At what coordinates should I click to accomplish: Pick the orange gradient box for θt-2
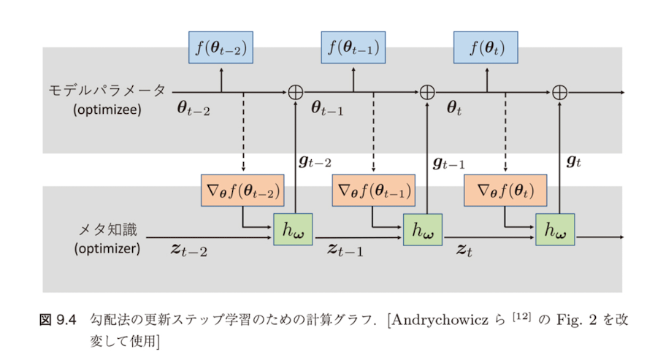[242, 191]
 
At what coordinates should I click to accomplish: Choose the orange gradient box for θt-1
[373, 191]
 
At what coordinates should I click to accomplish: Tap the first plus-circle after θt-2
[295, 92]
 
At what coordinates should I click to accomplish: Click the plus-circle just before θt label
[427, 92]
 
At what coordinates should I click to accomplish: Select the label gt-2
[316, 162]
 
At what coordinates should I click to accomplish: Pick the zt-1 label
[345, 250]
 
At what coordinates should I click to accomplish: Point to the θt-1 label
[326, 110]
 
